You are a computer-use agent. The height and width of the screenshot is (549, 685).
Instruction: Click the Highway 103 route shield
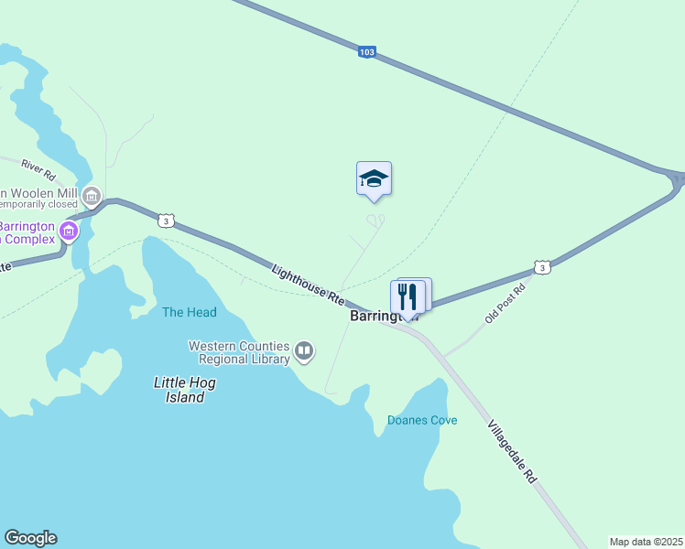click(367, 53)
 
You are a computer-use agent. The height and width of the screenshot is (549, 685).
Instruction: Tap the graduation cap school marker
click(374, 178)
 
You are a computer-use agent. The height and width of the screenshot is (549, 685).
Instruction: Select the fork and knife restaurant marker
click(408, 296)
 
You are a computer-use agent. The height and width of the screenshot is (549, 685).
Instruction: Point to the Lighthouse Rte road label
click(308, 284)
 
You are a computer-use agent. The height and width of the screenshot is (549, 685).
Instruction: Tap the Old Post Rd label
click(506, 302)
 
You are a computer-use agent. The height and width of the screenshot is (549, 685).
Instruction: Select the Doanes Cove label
click(422, 420)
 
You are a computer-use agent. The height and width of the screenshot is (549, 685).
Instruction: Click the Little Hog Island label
click(185, 390)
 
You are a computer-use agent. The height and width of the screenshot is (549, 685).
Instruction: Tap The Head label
click(190, 312)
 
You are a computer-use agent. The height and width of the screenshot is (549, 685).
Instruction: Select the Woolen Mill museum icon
click(91, 197)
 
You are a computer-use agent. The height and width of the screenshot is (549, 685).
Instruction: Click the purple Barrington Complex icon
click(69, 231)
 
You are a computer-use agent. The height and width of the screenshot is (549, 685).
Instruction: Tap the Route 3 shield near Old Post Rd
click(542, 267)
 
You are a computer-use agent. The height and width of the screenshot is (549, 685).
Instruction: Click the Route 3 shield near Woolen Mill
click(165, 221)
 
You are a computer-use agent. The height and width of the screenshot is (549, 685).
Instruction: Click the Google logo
click(30, 538)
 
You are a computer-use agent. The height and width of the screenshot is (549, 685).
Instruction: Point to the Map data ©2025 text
click(646, 542)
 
